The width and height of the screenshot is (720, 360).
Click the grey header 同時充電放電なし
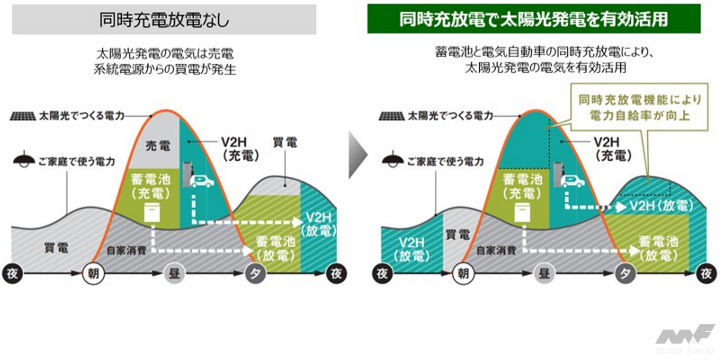164,20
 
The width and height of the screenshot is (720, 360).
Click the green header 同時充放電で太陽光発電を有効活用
534,19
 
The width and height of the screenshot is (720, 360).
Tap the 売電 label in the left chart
158,145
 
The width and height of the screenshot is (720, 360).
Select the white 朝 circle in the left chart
93,273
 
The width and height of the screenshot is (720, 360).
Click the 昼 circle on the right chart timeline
544,273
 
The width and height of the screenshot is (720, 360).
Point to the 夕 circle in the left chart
255,273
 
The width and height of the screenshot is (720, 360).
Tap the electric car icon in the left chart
202,180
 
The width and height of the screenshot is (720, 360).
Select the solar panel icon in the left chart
22,116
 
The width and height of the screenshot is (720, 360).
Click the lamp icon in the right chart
392,160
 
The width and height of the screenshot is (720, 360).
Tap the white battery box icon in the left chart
152,213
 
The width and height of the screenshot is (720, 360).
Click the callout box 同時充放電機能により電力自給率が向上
639,107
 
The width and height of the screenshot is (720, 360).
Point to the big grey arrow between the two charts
358,155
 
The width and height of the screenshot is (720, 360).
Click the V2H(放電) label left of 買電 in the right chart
411,249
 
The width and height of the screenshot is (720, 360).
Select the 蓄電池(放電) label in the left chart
275,248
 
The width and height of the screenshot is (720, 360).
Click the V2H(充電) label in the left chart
240,149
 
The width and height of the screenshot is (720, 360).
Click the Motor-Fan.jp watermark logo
685,340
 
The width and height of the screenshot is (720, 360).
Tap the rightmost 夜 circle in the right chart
706,273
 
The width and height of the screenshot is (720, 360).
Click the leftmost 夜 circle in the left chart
12,273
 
